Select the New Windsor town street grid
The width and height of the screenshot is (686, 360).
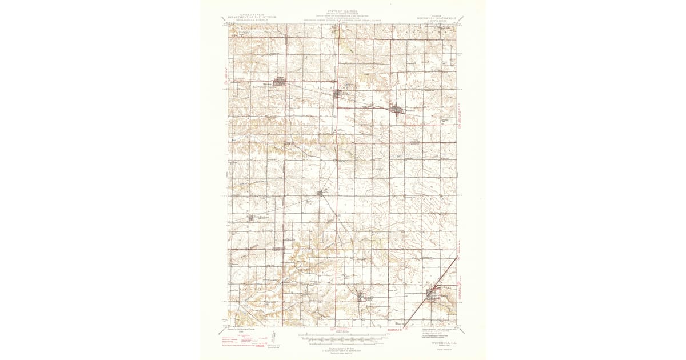tap(280, 83)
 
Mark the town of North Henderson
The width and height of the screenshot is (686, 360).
tap(251, 217)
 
